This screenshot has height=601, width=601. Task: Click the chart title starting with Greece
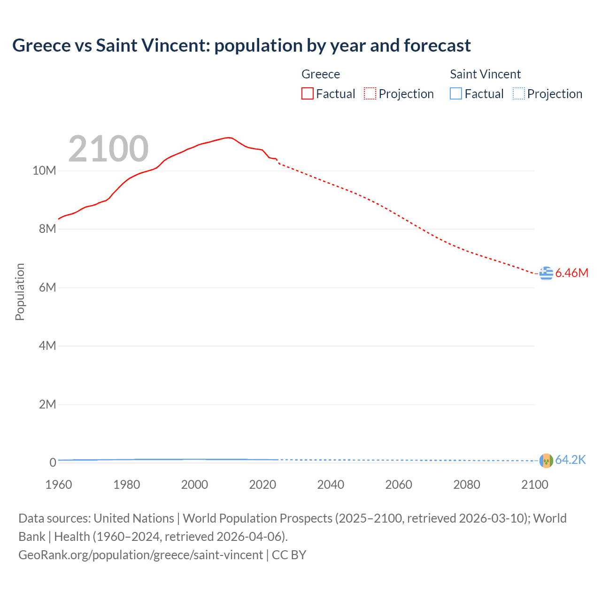[241, 46]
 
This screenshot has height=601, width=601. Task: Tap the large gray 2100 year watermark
[108, 149]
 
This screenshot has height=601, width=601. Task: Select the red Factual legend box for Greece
[308, 94]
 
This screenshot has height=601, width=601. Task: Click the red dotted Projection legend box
[370, 94]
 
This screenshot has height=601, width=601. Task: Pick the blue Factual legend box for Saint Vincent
[456, 94]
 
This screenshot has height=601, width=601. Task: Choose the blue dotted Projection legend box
[518, 94]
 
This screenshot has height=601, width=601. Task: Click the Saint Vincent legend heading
[485, 74]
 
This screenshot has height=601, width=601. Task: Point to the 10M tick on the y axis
[44, 170]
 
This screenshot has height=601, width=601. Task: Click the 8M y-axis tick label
[47, 229]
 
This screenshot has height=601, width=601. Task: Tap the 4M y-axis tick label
[47, 346]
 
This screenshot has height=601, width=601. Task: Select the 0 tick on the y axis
[53, 463]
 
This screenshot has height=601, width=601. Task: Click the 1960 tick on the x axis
[59, 485]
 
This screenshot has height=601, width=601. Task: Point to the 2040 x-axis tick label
[331, 485]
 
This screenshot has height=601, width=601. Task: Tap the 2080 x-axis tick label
[467, 485]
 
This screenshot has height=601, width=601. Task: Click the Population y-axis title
[20, 292]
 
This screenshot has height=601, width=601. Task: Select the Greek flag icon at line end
[546, 273]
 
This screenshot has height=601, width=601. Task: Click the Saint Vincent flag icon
[546, 461]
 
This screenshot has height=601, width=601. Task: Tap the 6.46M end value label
[571, 273]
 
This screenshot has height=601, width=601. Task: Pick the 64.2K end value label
[570, 460]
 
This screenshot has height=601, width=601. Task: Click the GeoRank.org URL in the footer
[140, 555]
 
